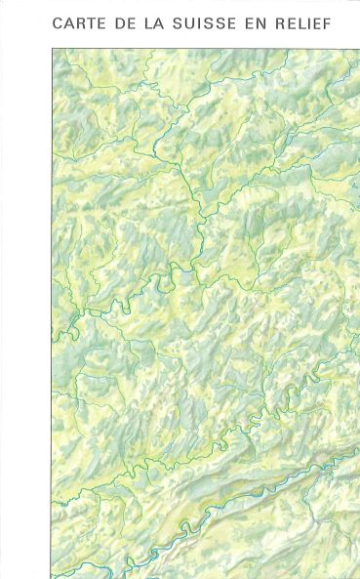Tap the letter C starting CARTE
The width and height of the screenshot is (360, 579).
coord(58,22)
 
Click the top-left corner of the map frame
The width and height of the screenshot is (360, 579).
coord(52,49)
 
